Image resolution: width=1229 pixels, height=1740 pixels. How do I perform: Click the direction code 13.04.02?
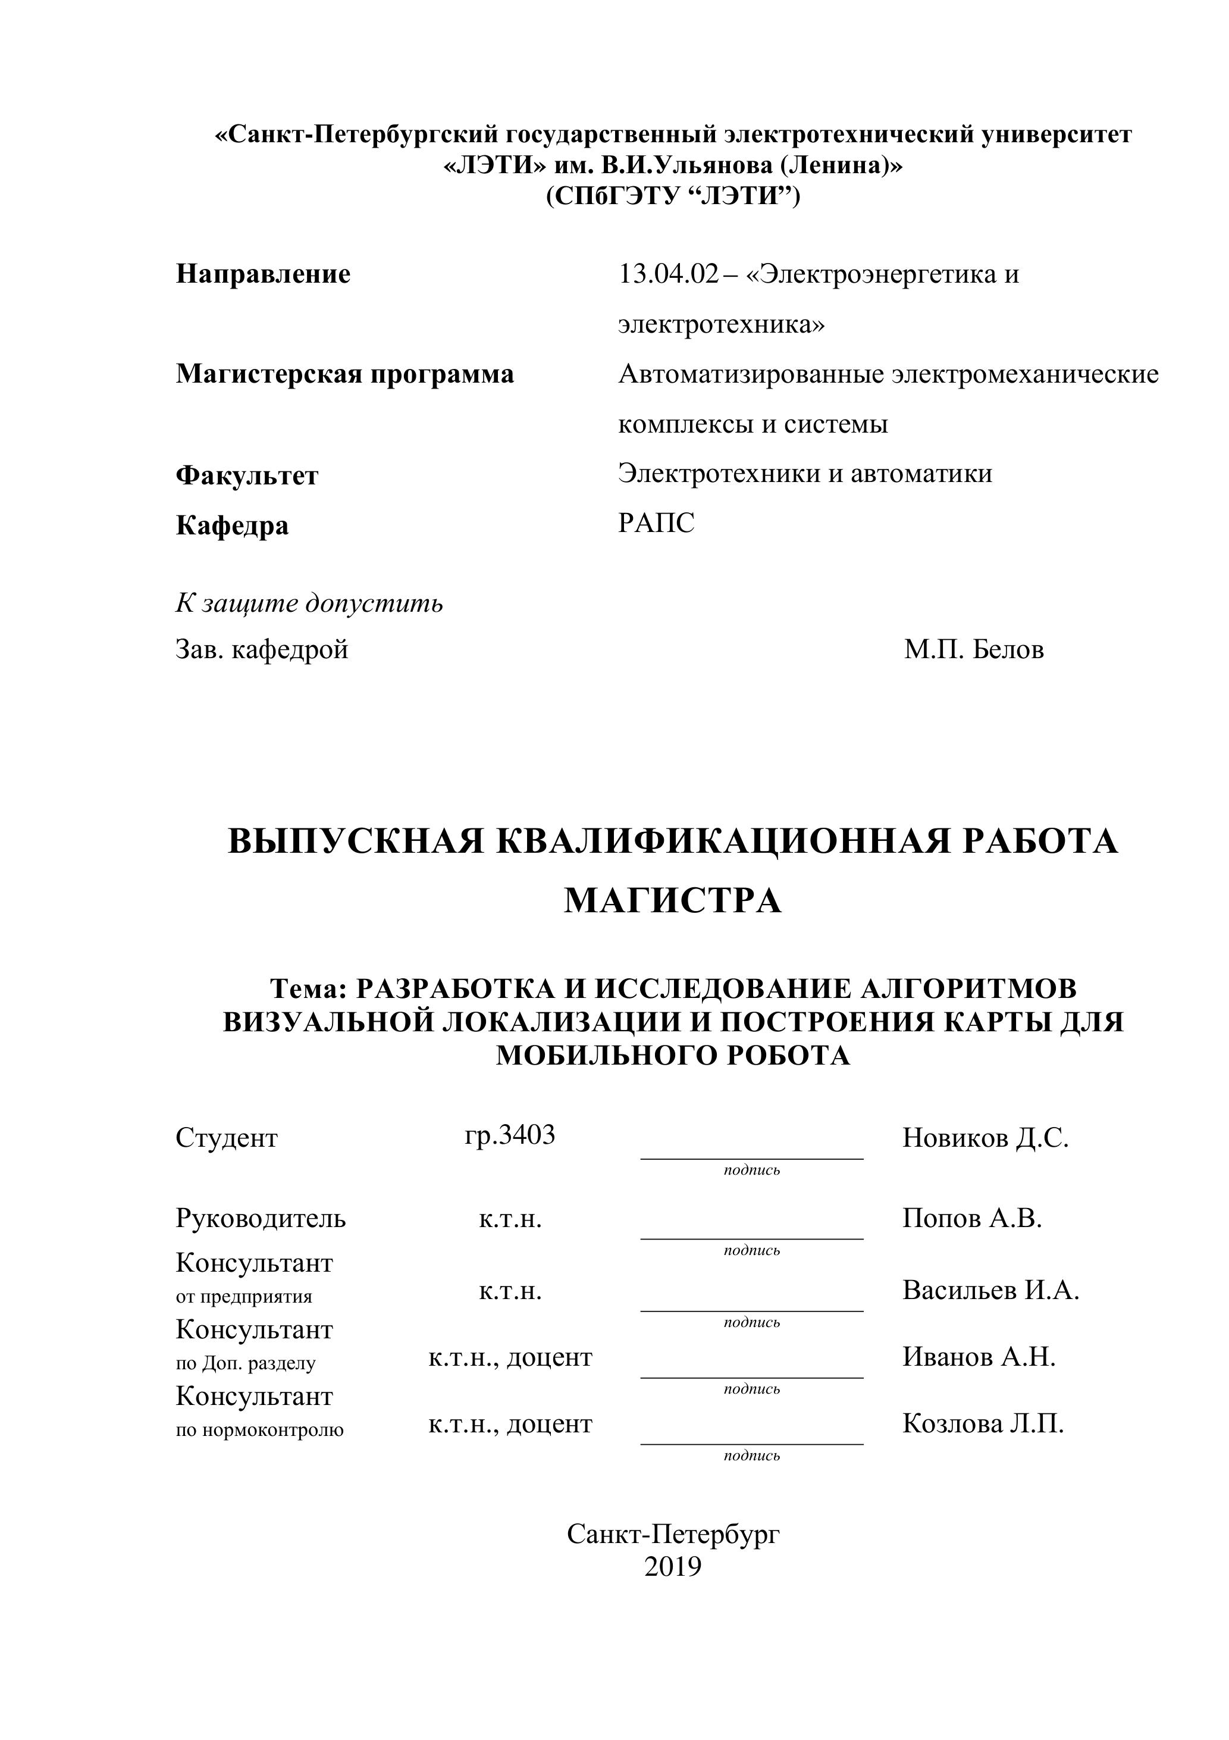tap(667, 274)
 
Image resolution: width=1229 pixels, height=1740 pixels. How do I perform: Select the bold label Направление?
tap(263, 274)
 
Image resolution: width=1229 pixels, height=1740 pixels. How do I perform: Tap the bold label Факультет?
tap(247, 476)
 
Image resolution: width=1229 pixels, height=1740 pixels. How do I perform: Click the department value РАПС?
tap(656, 524)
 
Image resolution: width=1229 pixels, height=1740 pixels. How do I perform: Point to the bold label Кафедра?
tap(232, 526)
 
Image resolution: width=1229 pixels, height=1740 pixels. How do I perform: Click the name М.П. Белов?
tap(974, 649)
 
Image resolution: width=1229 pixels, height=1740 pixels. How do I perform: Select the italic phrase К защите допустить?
tap(309, 603)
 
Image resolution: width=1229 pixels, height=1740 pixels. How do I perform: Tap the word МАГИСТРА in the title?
tap(673, 901)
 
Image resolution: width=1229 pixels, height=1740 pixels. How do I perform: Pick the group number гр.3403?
tap(510, 1135)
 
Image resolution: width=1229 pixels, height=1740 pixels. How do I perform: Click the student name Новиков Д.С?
tap(985, 1138)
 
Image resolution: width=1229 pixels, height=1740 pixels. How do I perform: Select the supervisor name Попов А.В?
tap(972, 1218)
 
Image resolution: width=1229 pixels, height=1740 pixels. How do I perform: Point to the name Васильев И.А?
tap(990, 1290)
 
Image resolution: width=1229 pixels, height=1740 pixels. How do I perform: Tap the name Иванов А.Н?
tap(979, 1357)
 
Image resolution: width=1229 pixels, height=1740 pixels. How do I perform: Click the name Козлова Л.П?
tap(983, 1424)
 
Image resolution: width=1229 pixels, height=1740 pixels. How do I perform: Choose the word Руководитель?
tap(261, 1219)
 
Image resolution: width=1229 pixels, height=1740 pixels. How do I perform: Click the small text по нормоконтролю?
tap(260, 1431)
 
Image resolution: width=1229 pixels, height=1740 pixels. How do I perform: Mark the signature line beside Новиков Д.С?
tap(752, 1158)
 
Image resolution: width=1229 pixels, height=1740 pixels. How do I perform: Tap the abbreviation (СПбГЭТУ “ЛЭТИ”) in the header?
tap(673, 196)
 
